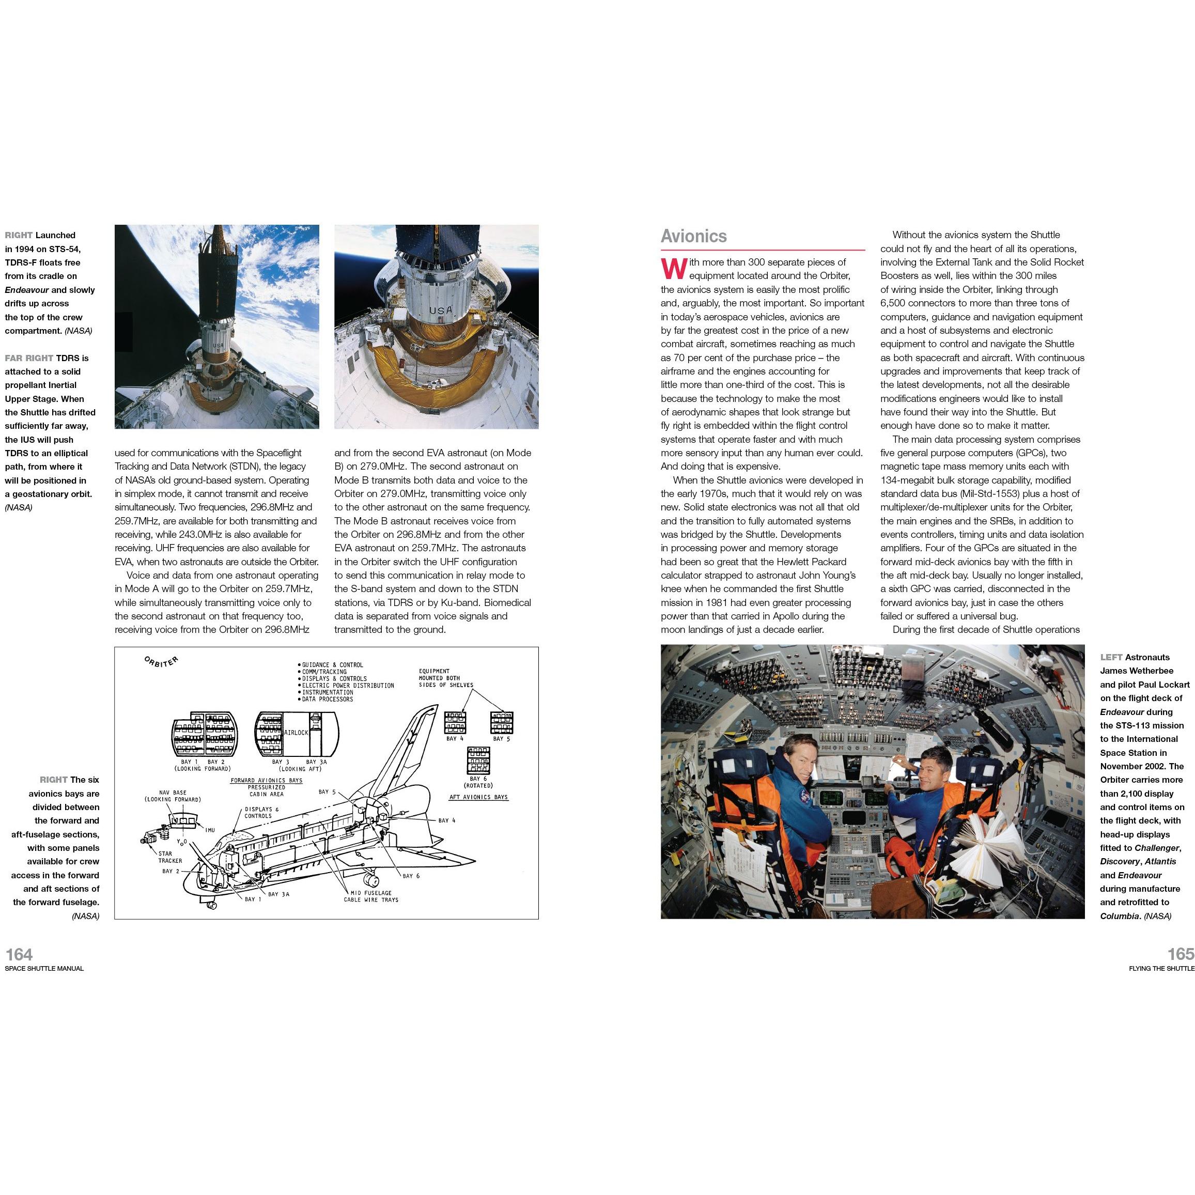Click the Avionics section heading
point(693,236)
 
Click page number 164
point(19,954)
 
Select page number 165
point(1180,954)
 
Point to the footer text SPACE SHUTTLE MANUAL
point(44,969)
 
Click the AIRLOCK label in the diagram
point(296,732)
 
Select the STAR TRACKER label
point(169,857)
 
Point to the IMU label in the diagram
point(210,830)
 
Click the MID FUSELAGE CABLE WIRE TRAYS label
point(371,896)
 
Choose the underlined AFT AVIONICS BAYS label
point(478,797)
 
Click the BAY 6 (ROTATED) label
point(477,782)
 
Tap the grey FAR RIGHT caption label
point(29,358)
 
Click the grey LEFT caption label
point(1111,658)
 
